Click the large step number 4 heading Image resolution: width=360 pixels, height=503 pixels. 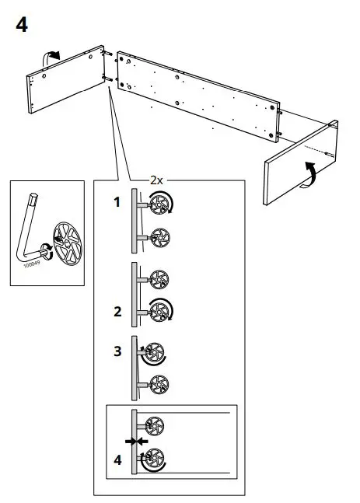pyautogui.click(x=22, y=25)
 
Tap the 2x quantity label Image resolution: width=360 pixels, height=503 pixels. pyautogui.click(x=156, y=180)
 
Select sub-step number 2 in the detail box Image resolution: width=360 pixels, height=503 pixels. pyautogui.click(x=117, y=312)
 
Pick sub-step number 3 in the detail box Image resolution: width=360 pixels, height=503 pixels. pyautogui.click(x=117, y=351)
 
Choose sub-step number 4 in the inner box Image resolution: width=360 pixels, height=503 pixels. pyautogui.click(x=117, y=459)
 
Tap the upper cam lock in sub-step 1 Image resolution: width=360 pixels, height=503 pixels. pyautogui.click(x=159, y=205)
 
